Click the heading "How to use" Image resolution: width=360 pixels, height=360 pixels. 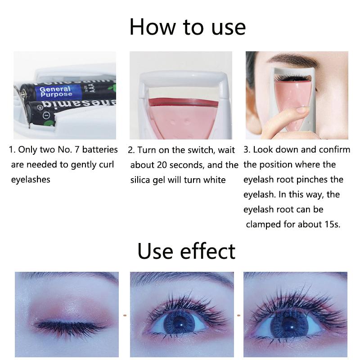(187, 27)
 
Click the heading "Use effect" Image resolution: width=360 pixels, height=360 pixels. (186, 251)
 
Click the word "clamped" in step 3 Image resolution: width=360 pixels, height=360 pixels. (263, 224)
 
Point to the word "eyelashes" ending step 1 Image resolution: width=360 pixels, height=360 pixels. (31, 180)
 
